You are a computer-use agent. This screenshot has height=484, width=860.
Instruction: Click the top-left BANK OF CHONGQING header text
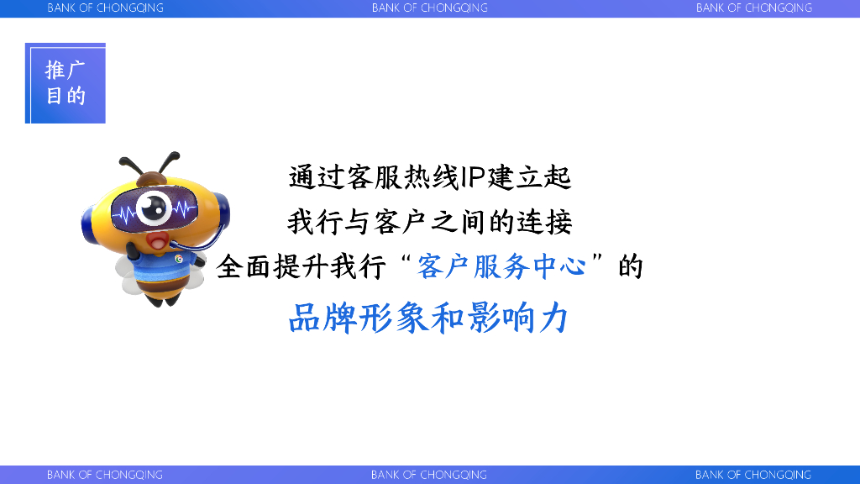pos(105,8)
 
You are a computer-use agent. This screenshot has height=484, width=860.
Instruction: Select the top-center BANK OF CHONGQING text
pos(429,8)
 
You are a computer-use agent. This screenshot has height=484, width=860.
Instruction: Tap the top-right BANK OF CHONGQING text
pos(753,8)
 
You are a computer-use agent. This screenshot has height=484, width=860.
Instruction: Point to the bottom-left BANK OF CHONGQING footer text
pos(105,475)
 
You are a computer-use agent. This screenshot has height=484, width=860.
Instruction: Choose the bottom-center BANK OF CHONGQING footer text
pos(429,475)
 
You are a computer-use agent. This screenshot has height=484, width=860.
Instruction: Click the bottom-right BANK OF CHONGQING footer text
pos(753,475)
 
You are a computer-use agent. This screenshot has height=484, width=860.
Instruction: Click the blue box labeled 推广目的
pos(66,83)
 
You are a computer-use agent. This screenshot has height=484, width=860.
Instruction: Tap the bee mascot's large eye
pos(154,208)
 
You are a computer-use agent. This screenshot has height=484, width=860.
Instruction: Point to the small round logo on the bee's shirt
pos(179,259)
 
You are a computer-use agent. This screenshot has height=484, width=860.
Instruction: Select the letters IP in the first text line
pos(472,177)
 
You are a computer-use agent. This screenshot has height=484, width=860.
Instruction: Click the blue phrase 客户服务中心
pos(501,266)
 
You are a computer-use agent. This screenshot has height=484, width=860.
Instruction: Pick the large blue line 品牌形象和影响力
pos(428,318)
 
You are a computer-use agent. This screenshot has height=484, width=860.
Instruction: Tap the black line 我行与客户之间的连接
pos(430,222)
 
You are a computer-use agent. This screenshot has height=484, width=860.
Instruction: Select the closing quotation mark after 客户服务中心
pos(597,259)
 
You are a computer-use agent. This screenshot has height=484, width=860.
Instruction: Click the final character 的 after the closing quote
pos(630,266)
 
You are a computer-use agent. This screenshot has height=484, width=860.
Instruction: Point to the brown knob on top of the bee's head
pos(151,179)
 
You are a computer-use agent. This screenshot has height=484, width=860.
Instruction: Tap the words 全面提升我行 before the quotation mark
pos(302,267)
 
